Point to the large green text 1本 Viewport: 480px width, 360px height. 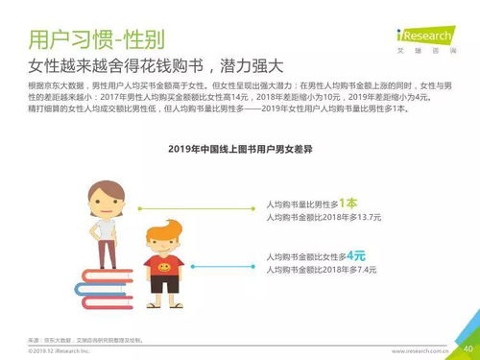[x=347, y=203]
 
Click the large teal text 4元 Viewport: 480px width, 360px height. [x=355, y=256]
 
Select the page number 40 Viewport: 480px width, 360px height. [x=468, y=348]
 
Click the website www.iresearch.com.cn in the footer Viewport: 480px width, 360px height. [x=423, y=350]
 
